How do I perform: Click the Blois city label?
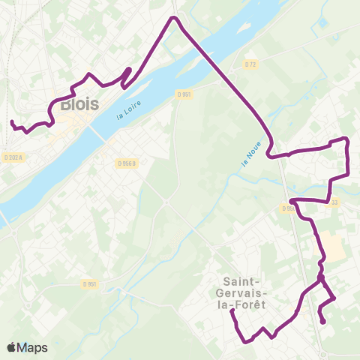78,104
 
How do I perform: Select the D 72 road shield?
250,64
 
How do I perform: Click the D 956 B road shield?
127,163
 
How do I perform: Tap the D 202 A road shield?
13,157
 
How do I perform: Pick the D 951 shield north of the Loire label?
185,94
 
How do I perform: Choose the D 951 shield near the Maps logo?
90,283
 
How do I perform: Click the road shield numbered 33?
334,201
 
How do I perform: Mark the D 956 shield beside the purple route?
289,208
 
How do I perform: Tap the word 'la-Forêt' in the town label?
240,305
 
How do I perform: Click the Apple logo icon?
12,347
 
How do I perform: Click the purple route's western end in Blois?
13,122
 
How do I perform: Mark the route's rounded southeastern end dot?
323,322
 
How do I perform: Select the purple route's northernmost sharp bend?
175,17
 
